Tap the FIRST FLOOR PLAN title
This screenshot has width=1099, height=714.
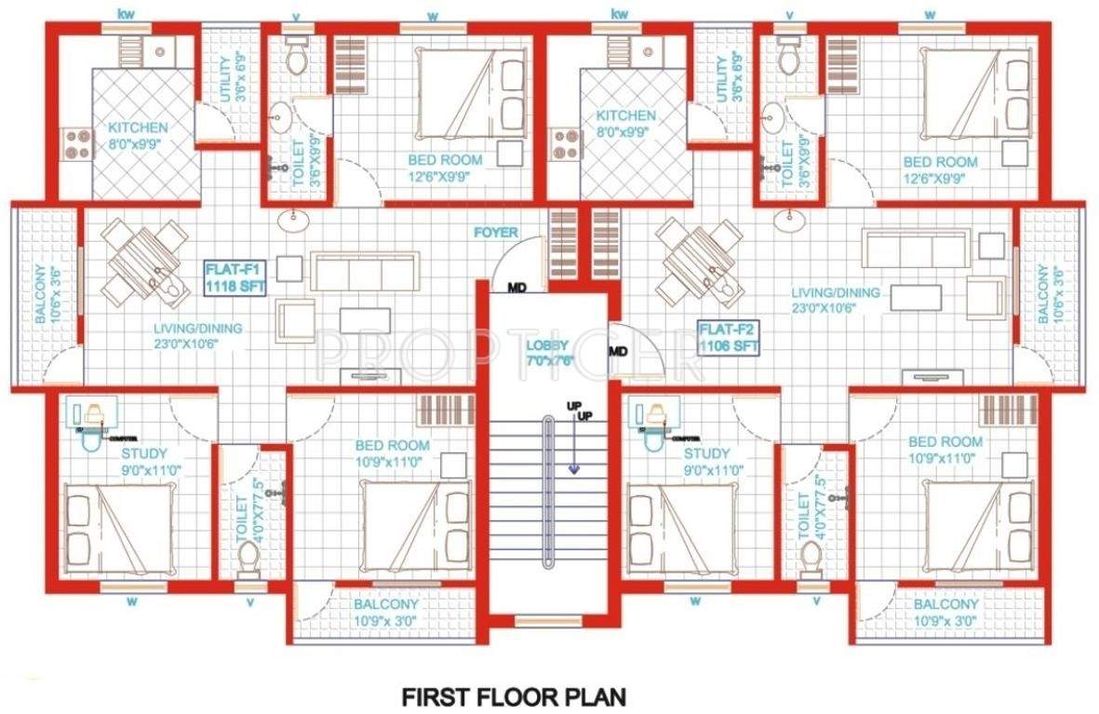click(x=514, y=695)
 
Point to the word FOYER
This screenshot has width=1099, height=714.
click(x=495, y=233)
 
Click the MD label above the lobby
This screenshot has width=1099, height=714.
click(x=517, y=288)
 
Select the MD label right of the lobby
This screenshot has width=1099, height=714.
click(x=617, y=351)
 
